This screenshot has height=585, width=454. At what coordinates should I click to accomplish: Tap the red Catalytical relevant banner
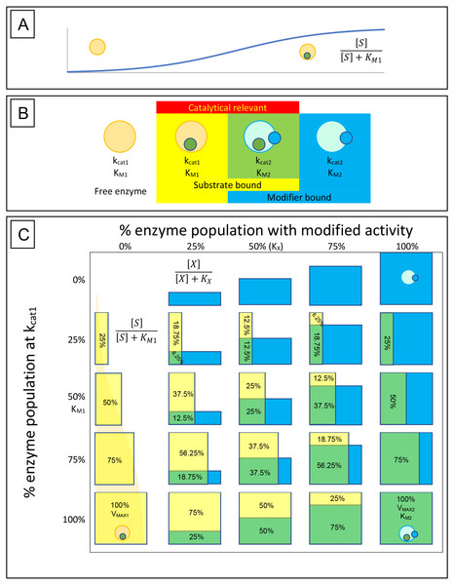(x=228, y=105)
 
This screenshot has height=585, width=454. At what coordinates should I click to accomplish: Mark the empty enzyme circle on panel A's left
(x=97, y=48)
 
